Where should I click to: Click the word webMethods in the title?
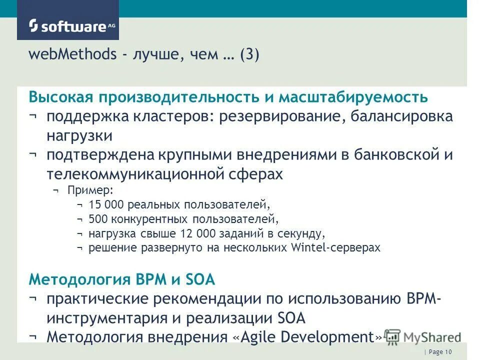click(x=72, y=54)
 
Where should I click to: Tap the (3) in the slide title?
click(x=249, y=54)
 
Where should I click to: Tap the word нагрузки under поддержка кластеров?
click(x=79, y=135)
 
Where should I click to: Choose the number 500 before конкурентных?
click(x=97, y=219)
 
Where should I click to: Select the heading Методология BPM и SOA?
click(x=122, y=279)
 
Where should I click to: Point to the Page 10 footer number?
click(x=440, y=352)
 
